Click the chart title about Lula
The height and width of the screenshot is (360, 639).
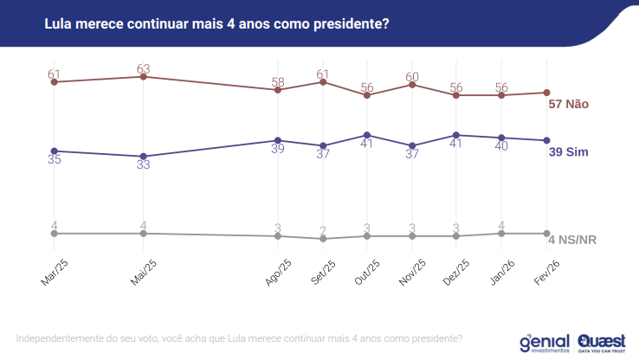point(216,23)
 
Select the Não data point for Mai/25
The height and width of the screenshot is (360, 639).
point(143,77)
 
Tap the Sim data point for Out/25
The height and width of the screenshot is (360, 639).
point(368,135)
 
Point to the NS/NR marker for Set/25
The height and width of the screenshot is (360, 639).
point(323,239)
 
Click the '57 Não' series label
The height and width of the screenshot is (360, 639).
point(569,104)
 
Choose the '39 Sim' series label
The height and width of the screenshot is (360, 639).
point(569,152)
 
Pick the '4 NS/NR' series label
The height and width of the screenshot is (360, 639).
point(574,240)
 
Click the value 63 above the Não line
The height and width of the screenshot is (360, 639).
point(144,66)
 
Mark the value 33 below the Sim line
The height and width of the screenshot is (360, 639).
point(144,165)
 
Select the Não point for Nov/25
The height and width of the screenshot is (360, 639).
point(413,84)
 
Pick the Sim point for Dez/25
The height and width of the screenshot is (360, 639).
point(456,135)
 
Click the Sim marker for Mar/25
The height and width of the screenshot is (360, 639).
point(55,151)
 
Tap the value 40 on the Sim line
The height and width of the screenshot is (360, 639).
point(501,147)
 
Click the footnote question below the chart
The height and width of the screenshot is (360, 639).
point(239,338)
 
